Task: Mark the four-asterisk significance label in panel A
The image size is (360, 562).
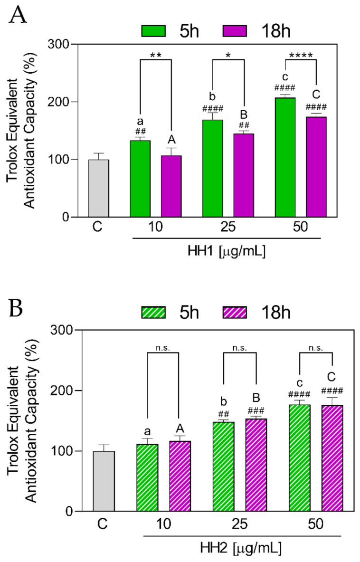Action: (300, 55)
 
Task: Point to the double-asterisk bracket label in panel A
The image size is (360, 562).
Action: (156, 55)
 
